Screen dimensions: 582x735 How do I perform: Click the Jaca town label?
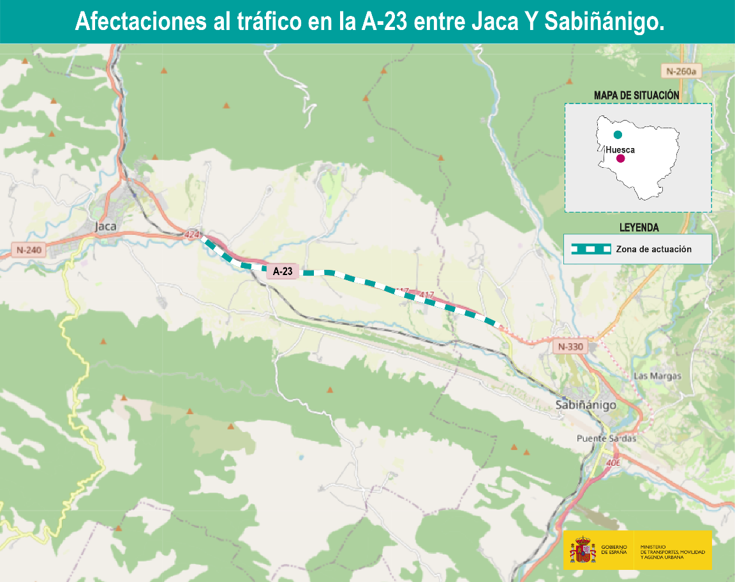click(x=105, y=226)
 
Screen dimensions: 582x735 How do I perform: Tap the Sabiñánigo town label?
click(x=586, y=405)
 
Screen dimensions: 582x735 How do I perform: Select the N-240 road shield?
click(x=29, y=250)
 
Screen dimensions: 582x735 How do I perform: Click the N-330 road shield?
click(x=570, y=347)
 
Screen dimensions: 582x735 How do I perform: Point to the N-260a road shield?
click(x=681, y=71)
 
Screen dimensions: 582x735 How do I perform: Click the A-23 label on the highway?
click(x=283, y=272)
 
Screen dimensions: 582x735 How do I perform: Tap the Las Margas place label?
click(x=657, y=376)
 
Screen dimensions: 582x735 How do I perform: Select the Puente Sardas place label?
click(x=606, y=438)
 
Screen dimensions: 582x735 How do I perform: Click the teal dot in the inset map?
click(x=618, y=135)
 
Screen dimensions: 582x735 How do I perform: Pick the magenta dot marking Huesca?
click(x=620, y=158)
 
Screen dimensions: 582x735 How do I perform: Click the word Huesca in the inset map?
click(x=620, y=149)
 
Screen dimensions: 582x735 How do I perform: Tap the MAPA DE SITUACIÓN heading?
click(x=637, y=95)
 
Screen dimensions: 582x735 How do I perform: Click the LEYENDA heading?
click(x=639, y=227)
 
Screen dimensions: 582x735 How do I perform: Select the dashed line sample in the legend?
click(x=591, y=250)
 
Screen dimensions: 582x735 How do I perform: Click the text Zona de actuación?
click(x=654, y=250)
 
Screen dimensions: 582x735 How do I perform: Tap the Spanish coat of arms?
click(x=582, y=550)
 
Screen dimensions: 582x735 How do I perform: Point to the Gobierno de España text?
click(x=614, y=550)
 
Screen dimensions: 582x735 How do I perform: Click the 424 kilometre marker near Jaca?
click(x=192, y=235)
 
